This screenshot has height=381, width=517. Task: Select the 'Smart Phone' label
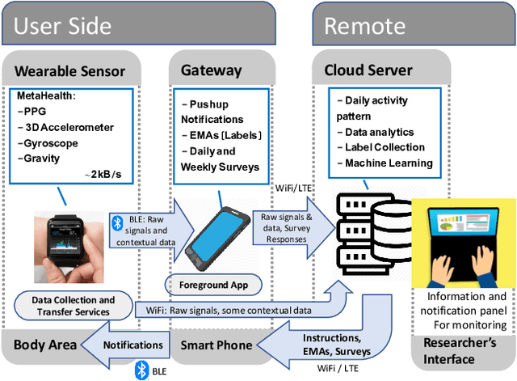tap(217, 345)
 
